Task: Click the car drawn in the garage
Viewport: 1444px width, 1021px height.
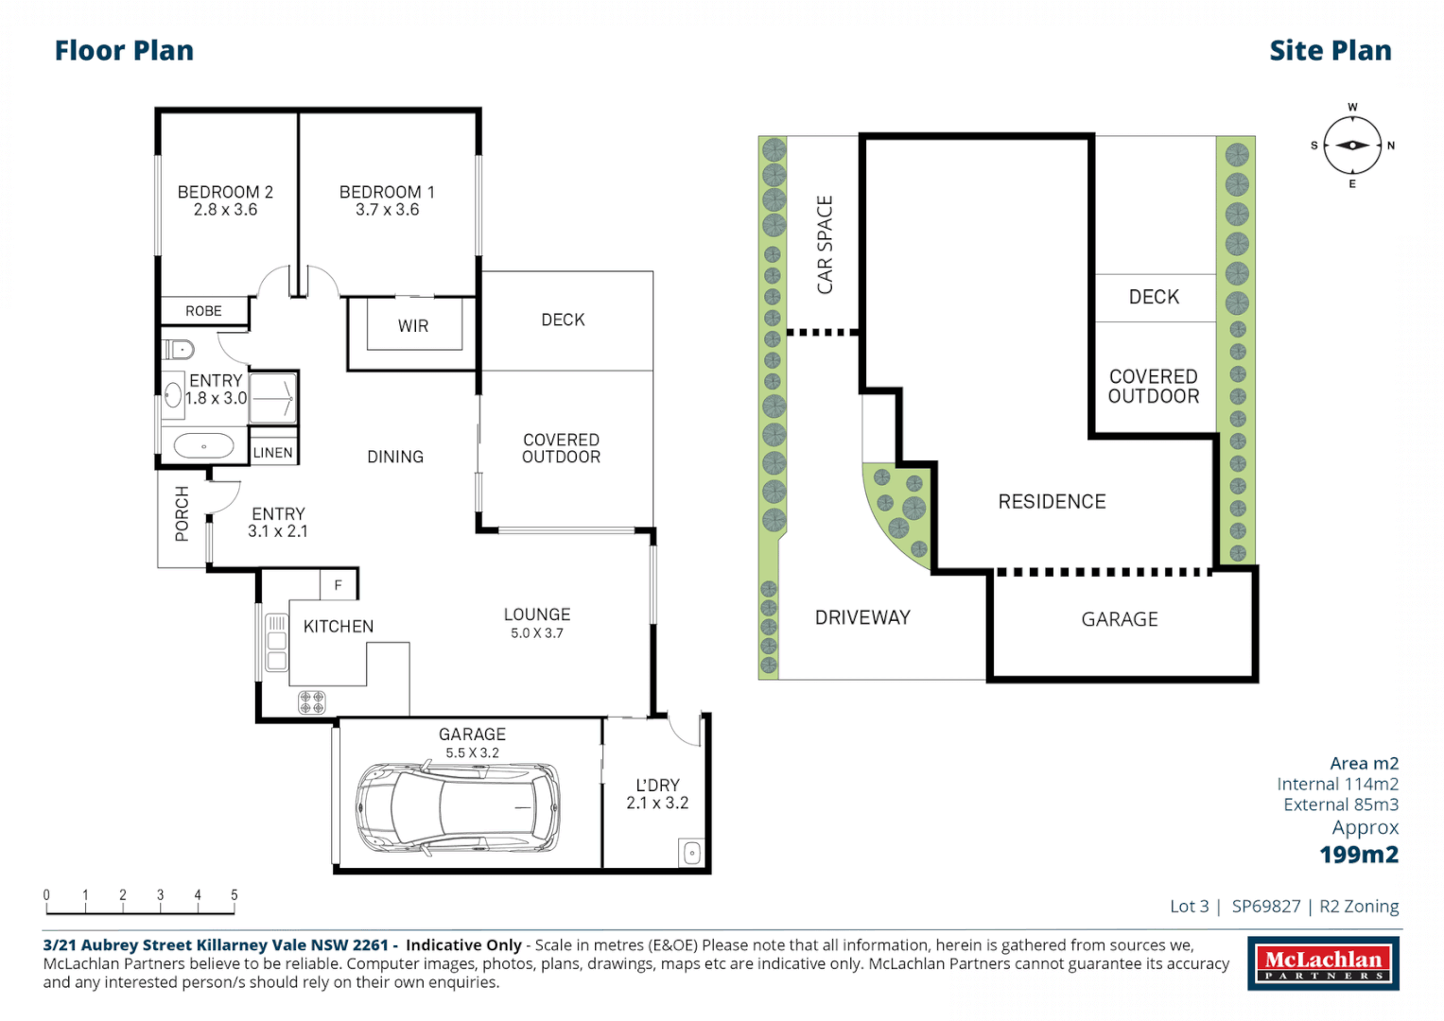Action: coord(458,807)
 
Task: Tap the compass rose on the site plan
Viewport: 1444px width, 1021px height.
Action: coord(1352,146)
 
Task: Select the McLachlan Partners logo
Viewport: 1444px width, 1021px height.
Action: coord(1324,963)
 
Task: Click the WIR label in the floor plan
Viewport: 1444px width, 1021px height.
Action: coord(413,326)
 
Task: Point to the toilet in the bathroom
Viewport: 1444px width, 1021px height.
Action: coord(178,350)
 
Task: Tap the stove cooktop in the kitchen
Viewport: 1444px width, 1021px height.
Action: coord(312,701)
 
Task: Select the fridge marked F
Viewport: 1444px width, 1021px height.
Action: coord(339,585)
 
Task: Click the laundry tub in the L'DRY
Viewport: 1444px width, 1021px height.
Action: coord(691,854)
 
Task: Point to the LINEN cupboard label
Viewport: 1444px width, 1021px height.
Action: coord(272,453)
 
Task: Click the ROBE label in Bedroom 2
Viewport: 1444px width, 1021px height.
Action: coord(203,311)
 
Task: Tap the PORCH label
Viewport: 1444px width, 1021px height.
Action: coord(182,513)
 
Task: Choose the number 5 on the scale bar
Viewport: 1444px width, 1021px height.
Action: coord(234,894)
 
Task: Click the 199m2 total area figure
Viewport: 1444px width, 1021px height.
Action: coord(1359,855)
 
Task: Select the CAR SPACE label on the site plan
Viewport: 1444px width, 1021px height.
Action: coord(825,245)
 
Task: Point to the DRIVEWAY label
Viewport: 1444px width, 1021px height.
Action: coord(862,617)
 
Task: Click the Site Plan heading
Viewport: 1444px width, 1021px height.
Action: coord(1331,51)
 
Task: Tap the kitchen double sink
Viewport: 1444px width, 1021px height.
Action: coord(276,643)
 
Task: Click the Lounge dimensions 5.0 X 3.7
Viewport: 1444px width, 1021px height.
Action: coord(537,633)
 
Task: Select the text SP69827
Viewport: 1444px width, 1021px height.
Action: coord(1266,907)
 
